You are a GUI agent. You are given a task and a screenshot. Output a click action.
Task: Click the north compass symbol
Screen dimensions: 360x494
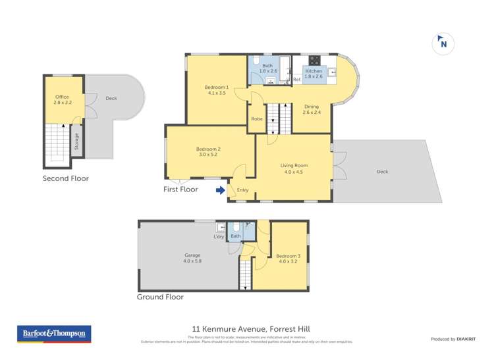pos(443,43)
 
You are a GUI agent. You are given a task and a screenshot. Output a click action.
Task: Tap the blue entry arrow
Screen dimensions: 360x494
pos(220,191)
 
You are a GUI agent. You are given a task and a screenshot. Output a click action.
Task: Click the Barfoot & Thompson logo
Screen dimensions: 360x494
pos(54,334)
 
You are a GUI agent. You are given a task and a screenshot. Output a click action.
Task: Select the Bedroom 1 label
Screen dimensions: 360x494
pos(216,90)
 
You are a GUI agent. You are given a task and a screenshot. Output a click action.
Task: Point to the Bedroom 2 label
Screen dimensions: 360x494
pos(208,151)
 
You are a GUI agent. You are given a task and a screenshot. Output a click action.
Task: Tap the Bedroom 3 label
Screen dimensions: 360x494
pos(288,259)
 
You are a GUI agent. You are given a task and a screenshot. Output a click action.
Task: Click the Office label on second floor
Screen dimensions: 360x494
pos(62,100)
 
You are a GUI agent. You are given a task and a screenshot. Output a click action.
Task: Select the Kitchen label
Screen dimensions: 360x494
pos(314,73)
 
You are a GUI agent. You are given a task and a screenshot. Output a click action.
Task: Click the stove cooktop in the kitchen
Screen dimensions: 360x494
pos(314,59)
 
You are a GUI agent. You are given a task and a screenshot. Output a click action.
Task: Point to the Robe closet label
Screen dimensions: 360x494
pos(257,119)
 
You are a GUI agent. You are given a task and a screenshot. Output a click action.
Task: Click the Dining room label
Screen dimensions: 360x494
pos(311,109)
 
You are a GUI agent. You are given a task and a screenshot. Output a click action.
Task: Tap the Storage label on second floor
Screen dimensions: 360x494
pos(76,142)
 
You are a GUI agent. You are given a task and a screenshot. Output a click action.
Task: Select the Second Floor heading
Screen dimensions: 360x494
pos(66,178)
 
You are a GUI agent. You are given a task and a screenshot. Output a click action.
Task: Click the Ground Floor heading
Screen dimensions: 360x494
pos(160,297)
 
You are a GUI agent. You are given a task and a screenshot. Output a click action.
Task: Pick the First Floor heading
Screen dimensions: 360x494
pos(180,189)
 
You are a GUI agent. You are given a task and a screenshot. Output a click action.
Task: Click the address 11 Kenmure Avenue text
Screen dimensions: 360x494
pos(250,328)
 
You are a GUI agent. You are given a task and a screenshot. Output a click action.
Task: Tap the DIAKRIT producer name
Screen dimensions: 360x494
pos(465,339)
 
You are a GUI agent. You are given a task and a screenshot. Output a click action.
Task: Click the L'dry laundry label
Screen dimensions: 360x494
pos(219,237)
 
